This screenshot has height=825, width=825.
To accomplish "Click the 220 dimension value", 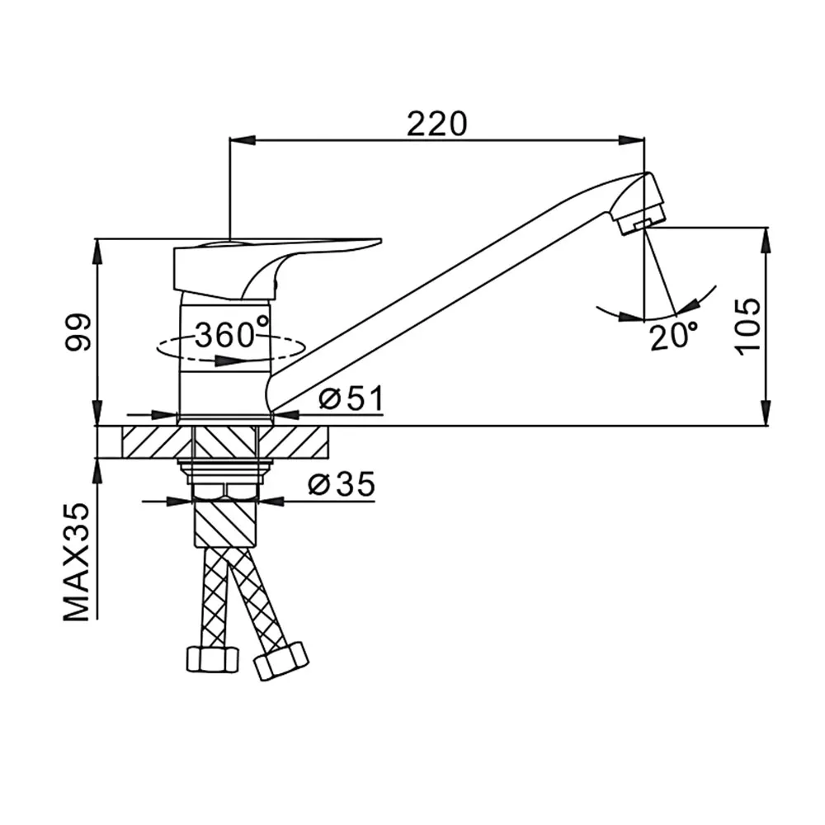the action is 436,125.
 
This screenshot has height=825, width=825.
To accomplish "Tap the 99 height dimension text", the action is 78,332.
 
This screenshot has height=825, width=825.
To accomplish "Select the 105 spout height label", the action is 747,327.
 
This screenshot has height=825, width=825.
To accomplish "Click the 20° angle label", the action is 673,336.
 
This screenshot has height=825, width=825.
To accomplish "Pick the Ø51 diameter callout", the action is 351,398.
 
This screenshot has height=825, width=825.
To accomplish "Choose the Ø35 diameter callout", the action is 342,484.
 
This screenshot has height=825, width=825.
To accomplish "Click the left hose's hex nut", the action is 213,658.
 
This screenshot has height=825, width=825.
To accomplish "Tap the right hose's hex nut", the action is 281,660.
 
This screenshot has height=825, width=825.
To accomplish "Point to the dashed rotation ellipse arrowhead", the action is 232,361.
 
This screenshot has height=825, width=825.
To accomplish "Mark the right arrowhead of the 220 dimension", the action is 631,140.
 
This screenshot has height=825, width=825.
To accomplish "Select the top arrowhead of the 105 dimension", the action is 766,241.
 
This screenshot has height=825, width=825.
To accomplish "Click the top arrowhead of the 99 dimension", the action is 97,252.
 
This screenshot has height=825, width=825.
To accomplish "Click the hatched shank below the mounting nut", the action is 226,523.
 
